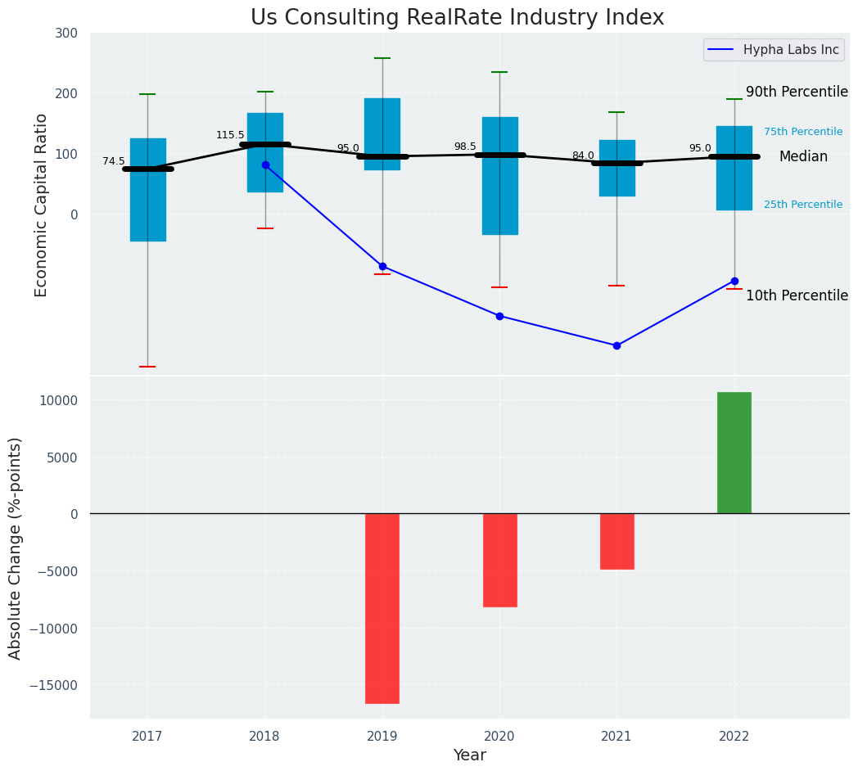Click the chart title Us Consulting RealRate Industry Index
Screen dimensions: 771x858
457,18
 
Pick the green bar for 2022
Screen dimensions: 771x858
734,453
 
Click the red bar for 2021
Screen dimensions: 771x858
616,541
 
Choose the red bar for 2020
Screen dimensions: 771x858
499,560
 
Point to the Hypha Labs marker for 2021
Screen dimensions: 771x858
616,345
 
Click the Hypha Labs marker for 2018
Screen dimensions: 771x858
265,165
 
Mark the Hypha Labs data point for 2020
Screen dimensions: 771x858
499,316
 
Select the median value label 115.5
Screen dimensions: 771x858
230,135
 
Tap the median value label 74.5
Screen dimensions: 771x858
114,162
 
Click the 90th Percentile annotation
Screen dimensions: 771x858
797,92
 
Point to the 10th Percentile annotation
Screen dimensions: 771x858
797,296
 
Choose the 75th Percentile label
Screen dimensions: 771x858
802,132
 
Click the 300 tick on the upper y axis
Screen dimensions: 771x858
67,33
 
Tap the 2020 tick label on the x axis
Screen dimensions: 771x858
499,737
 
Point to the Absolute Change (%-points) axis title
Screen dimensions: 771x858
16,548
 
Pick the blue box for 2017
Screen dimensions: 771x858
148,190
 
